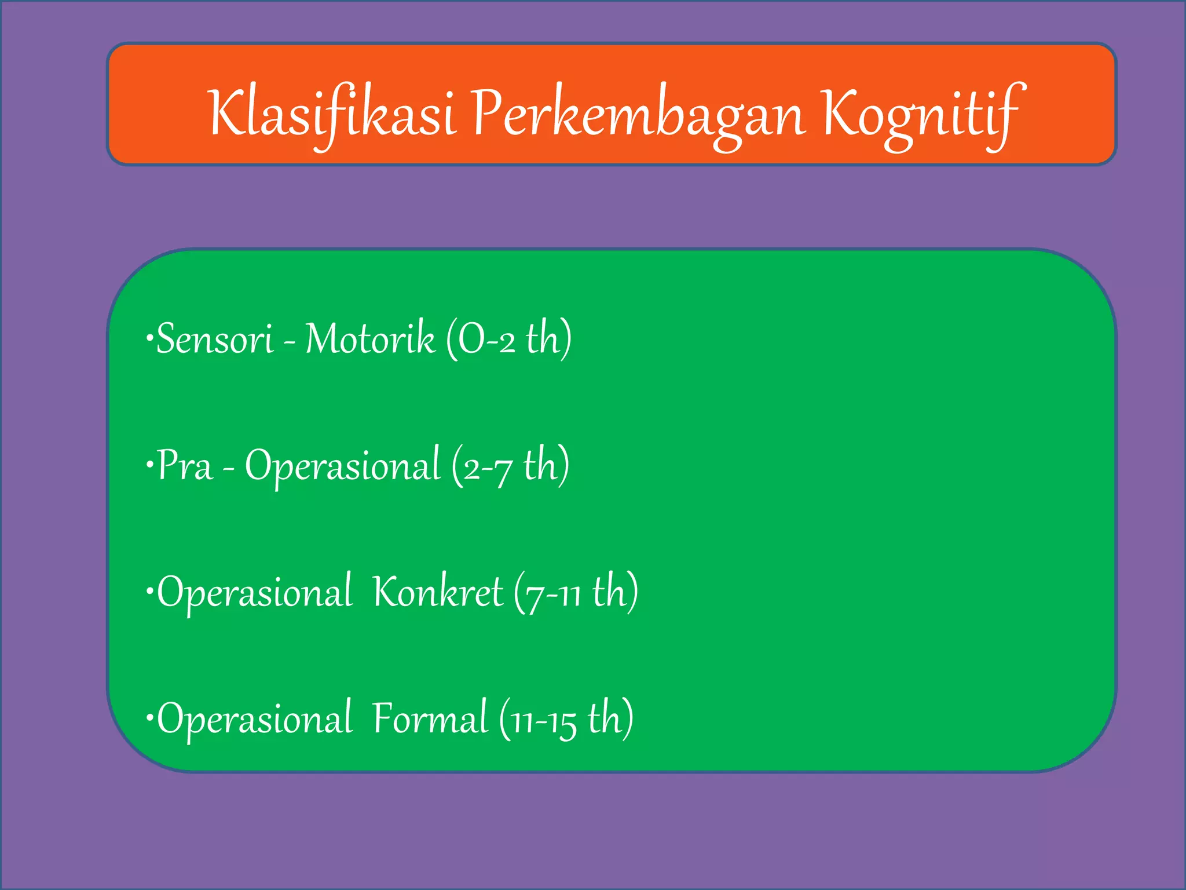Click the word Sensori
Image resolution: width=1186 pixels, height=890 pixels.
tap(215, 339)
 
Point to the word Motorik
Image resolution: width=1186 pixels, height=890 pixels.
tap(369, 339)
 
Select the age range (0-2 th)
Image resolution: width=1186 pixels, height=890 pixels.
tap(509, 339)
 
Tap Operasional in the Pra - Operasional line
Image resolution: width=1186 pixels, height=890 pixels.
tap(342, 466)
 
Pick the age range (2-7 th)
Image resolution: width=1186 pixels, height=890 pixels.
tap(510, 466)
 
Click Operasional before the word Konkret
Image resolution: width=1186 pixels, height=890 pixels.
tap(255, 592)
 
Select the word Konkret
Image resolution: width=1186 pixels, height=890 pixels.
tap(438, 592)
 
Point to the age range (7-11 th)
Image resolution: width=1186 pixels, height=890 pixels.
tap(576, 592)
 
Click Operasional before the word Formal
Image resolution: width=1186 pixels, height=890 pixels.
tap(255, 719)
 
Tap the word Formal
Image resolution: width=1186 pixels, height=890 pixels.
tap(430, 719)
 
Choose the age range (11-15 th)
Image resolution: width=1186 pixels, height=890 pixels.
tap(566, 719)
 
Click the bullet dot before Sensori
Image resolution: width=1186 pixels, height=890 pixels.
tap(150, 337)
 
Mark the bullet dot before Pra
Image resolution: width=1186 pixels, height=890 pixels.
tap(150, 464)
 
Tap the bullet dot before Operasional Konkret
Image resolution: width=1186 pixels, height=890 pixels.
tap(150, 590)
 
